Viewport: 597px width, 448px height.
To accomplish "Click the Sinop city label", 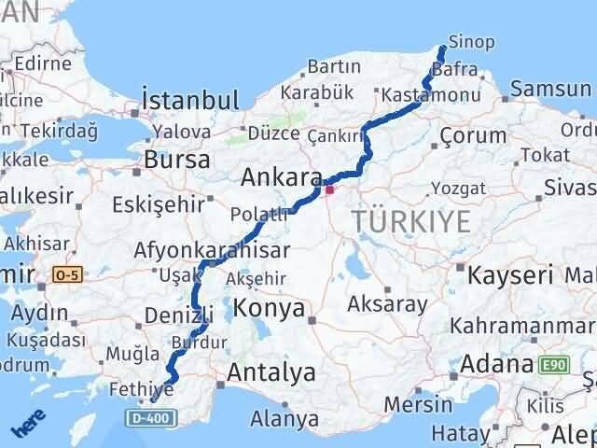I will click(x=471, y=43).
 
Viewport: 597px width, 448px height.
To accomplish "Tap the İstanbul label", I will click(x=189, y=99).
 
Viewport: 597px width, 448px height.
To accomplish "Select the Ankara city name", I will click(x=281, y=177).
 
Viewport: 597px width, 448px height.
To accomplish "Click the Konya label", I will click(x=269, y=308).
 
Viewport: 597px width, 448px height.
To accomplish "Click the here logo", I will click(x=27, y=426).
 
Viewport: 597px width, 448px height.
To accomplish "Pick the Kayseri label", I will click(x=510, y=275).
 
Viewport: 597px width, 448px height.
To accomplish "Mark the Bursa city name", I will click(x=176, y=160).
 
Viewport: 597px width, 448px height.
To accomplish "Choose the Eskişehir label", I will click(x=155, y=204).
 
